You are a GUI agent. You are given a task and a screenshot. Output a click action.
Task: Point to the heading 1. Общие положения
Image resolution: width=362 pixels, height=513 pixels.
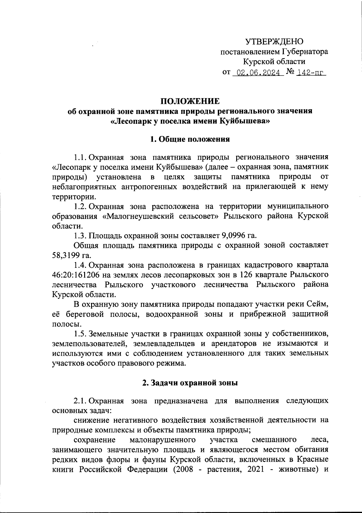(190, 139)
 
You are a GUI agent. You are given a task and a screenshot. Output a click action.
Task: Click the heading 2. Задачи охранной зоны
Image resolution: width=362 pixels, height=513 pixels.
(190, 383)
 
